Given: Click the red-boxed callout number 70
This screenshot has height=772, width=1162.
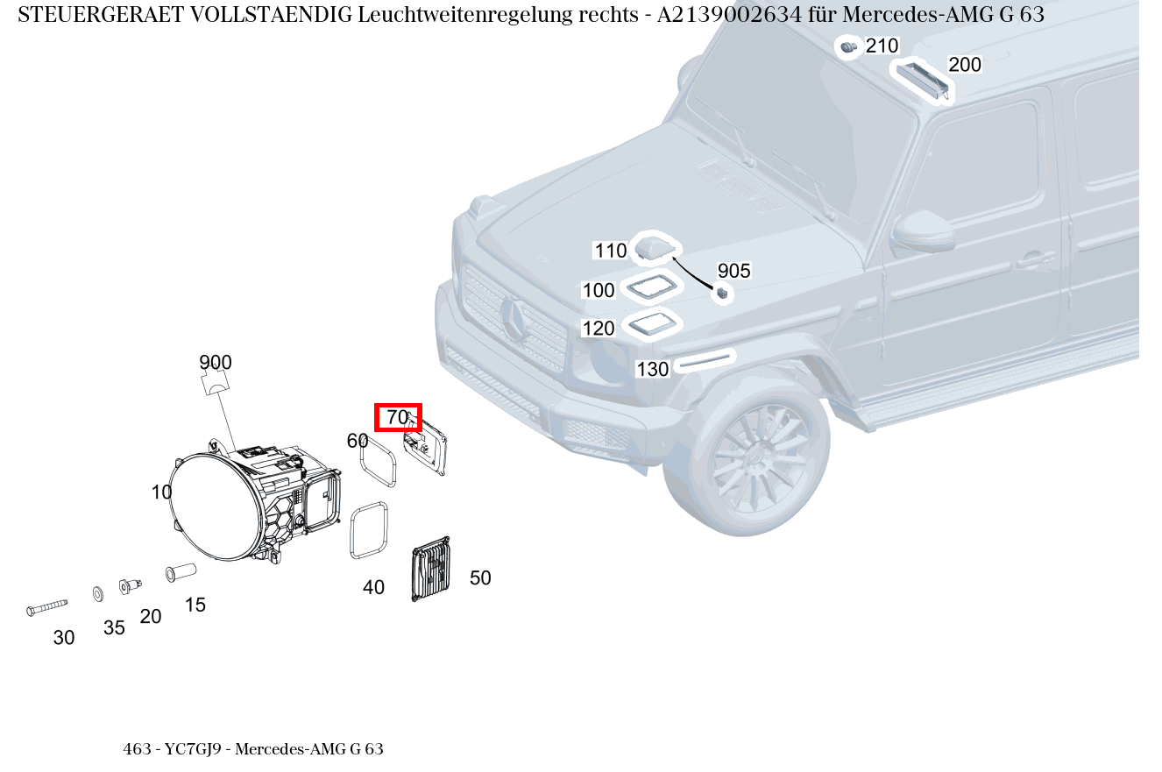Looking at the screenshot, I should tap(398, 418).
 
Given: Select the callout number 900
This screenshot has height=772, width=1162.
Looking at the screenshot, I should tap(216, 362).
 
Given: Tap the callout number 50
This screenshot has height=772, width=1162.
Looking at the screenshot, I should tap(480, 578).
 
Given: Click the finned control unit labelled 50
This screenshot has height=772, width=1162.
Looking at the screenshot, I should tap(430, 570).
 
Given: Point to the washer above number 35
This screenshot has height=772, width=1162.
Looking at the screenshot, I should tap(97, 595).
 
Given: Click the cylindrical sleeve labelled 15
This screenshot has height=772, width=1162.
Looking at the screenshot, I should tap(181, 572).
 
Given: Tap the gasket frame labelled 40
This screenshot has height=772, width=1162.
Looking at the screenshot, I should tap(369, 530).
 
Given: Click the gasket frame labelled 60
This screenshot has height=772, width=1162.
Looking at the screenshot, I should tap(379, 461).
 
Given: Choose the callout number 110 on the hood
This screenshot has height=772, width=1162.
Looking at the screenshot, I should tap(611, 251).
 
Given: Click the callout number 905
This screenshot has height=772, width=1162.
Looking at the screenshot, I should tap(734, 271).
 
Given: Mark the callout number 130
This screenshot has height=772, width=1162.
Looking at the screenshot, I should tap(652, 370).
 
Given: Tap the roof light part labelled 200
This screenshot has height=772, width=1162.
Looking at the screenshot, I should tap(921, 80).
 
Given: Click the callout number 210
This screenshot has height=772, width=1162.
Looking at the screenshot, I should tap(882, 46).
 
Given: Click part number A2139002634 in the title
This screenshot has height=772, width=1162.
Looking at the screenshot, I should tap(730, 16).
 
